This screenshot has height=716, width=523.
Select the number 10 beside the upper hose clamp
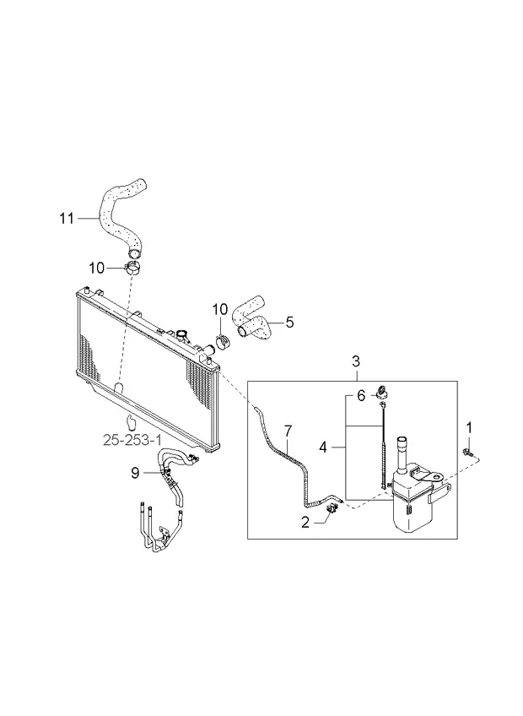coord(96,268)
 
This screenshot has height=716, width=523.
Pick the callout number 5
coord(288,321)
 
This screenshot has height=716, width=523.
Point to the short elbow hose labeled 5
coord(252,318)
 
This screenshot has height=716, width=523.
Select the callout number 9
coord(135,473)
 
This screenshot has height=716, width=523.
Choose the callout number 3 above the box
coord(355,361)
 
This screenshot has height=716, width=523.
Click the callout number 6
coord(360,395)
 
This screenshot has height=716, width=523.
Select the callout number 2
coord(305,521)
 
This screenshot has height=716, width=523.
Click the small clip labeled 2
coord(332,507)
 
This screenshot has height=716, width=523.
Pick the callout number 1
coord(469,427)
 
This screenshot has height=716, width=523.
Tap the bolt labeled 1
coord(466,456)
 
